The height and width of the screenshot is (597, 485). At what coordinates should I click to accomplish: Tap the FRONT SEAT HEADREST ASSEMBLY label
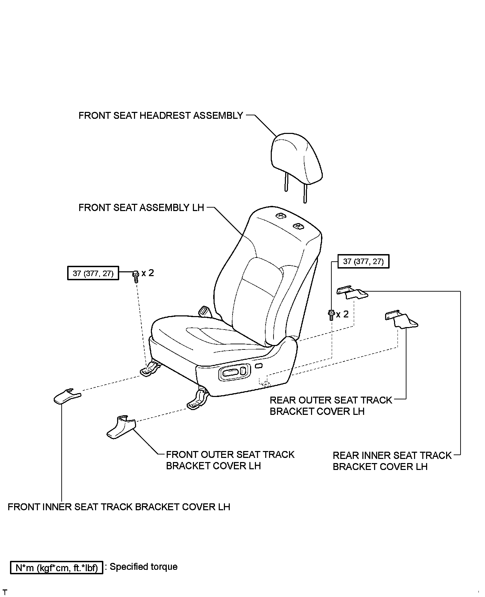(161, 116)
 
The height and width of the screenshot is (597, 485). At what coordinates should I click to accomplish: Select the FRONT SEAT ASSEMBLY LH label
(141, 208)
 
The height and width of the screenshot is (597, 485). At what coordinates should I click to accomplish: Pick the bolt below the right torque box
(331, 315)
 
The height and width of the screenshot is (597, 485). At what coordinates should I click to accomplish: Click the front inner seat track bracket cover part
(66, 396)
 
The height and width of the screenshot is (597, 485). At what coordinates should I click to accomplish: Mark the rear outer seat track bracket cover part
(400, 319)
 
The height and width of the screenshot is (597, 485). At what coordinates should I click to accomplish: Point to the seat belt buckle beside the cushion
(205, 311)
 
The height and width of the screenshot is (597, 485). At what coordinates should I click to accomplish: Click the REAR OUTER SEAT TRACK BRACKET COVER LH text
(331, 406)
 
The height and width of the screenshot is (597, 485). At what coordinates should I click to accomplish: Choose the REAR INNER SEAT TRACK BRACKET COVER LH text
(392, 461)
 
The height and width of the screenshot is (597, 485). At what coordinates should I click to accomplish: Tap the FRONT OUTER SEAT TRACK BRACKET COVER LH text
(230, 460)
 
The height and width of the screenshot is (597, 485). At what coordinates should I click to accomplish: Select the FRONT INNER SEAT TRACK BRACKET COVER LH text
(119, 507)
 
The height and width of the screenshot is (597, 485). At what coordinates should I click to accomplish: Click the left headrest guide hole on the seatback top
(281, 216)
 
